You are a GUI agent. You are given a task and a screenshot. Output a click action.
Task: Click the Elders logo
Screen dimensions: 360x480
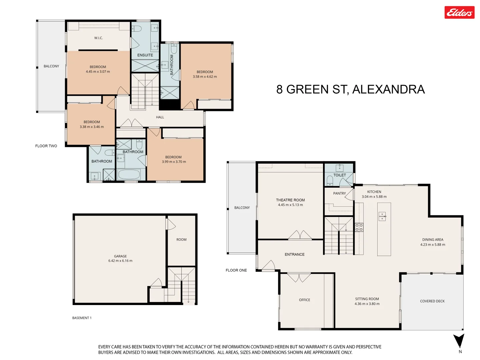point(459,13)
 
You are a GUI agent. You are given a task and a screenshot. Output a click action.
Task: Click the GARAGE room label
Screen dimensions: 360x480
point(120,256)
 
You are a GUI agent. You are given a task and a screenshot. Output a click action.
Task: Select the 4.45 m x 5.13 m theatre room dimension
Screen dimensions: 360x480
point(290,205)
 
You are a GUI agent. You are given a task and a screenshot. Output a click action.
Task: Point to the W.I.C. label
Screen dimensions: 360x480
point(98,38)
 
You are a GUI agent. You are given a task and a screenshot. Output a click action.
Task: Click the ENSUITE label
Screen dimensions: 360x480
point(145,55)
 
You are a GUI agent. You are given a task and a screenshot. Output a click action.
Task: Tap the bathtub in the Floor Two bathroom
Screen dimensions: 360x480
point(129,174)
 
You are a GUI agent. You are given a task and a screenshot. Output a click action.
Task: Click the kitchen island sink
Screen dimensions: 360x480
point(382,217)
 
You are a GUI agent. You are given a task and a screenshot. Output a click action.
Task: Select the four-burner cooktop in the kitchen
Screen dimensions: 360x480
point(359,227)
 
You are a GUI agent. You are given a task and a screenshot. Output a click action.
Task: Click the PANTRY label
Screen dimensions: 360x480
point(339,193)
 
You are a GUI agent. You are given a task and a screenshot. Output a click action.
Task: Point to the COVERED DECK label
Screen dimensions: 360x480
point(432,301)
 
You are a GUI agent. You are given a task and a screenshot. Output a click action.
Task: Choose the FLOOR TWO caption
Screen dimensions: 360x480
point(46,146)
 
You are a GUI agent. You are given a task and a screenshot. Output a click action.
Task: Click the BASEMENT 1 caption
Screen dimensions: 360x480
point(82,318)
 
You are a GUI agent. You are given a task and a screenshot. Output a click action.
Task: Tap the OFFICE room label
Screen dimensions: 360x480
point(304,300)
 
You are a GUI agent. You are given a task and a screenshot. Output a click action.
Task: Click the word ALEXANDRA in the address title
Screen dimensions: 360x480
point(388,89)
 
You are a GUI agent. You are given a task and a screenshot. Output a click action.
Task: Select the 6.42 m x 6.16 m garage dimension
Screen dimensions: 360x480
point(120,261)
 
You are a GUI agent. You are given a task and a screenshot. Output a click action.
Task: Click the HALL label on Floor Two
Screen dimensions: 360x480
point(160,117)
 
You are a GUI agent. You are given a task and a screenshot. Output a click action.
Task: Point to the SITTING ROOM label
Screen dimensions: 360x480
point(367,299)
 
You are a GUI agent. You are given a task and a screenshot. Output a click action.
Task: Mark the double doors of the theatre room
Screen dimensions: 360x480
point(300,235)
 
